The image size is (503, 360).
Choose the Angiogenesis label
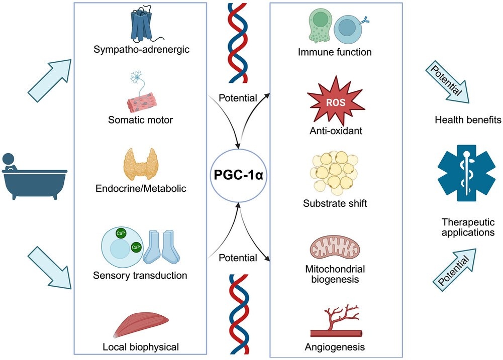coord(334,346)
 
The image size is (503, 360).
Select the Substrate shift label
coord(334,204)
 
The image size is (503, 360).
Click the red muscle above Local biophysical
coord(140,326)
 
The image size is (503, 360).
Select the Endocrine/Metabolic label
coord(141,189)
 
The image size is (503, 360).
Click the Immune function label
coord(334,52)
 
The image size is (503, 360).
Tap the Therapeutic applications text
coord(468,227)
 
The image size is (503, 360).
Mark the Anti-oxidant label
coord(334,132)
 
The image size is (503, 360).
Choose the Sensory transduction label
coord(140,275)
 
